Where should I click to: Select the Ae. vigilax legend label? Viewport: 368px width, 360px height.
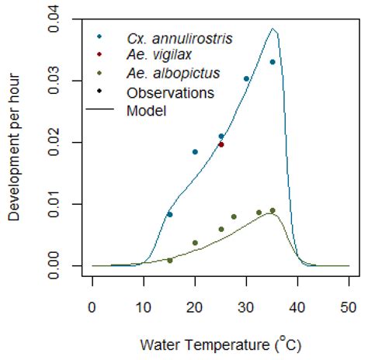pyautogui.click(x=154, y=55)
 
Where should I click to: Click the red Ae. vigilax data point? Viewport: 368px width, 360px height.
pyautogui.click(x=221, y=144)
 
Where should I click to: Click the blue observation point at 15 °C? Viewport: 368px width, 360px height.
pyautogui.click(x=170, y=214)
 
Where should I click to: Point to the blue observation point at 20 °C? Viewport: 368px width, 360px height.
pyautogui.click(x=196, y=152)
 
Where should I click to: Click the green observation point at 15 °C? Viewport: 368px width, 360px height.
pyautogui.click(x=170, y=261)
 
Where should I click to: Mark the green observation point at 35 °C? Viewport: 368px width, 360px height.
pyautogui.click(x=273, y=211)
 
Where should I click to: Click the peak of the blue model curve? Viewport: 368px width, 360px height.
pyautogui.click(x=273, y=29)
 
